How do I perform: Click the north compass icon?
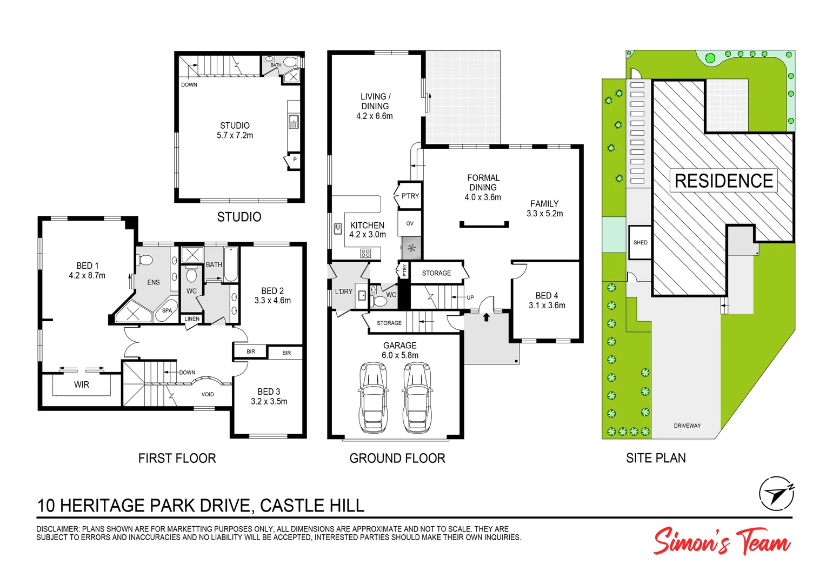776,494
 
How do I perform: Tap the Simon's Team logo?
722,541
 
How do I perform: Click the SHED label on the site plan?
640,243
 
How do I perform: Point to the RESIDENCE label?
723,181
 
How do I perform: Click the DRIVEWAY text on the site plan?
687,426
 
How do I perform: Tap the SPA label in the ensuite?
167,311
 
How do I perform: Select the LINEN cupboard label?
192,319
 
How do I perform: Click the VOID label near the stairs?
208,395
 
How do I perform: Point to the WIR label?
82,385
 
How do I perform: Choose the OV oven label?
410,223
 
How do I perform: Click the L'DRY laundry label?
343,292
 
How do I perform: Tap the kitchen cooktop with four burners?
365,253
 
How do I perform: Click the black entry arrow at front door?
486,317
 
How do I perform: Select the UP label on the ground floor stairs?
470,298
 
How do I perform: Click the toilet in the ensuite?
145,260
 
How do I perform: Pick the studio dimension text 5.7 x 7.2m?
235,136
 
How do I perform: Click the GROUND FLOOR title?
397,459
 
